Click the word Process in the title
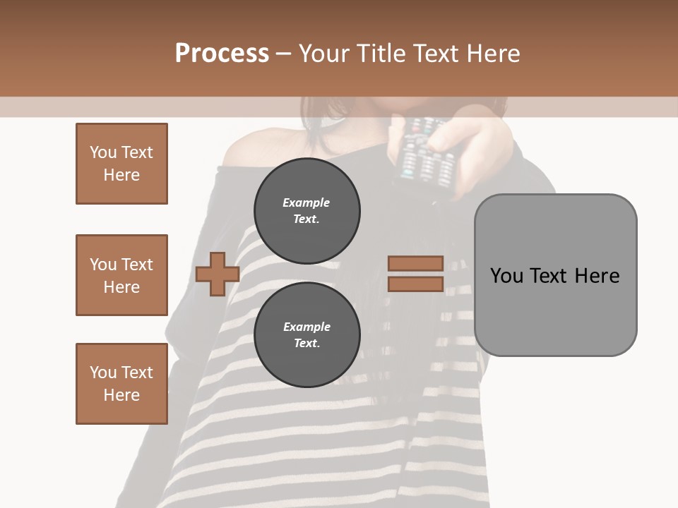(x=222, y=54)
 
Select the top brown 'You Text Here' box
(x=121, y=164)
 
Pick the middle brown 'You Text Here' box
(x=121, y=275)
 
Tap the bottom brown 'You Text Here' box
(x=121, y=384)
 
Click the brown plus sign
(x=217, y=274)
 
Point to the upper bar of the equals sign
(x=415, y=263)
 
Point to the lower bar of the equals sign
(x=415, y=284)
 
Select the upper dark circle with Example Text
(x=307, y=210)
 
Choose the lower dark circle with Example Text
(x=307, y=334)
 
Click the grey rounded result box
(x=555, y=274)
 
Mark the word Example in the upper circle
(x=307, y=202)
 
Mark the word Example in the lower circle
(x=307, y=327)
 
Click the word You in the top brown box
(x=103, y=152)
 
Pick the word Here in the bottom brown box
(x=121, y=395)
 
